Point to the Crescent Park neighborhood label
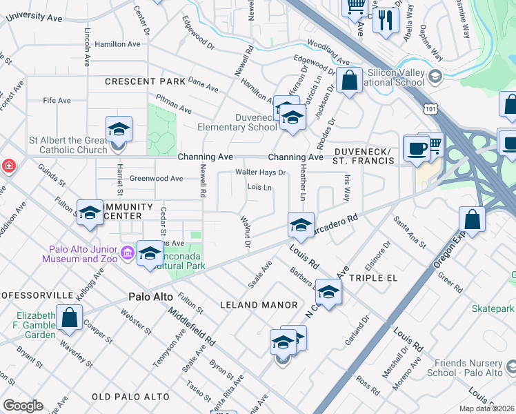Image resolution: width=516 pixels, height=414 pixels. pyautogui.click(x=145, y=81)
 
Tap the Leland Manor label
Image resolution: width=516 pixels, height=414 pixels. pyautogui.click(x=258, y=304)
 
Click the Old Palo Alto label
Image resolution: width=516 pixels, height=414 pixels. pyautogui.click(x=130, y=397)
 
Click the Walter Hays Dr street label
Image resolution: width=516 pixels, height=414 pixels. pyautogui.click(x=261, y=172)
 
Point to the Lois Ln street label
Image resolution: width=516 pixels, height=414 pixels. pyautogui.click(x=259, y=187)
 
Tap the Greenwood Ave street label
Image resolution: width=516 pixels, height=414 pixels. pyautogui.click(x=158, y=179)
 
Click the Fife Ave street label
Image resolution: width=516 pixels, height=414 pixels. pyautogui.click(x=57, y=101)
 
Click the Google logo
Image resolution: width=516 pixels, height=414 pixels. pyautogui.click(x=23, y=405)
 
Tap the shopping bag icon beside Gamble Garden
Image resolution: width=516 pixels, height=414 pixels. pyautogui.click(x=69, y=318)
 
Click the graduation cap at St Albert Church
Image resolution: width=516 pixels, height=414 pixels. pyautogui.click(x=119, y=129)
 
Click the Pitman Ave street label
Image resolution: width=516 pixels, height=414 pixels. pyautogui.click(x=174, y=104)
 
